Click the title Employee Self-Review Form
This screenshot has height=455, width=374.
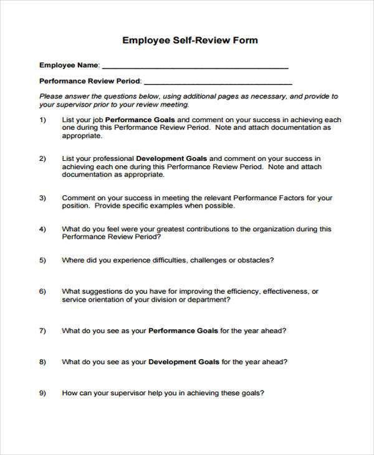tap(189, 40)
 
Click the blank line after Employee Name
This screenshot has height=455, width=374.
tap(194, 67)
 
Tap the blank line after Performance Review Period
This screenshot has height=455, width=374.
tap(218, 82)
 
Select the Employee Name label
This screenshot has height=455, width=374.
tap(69, 65)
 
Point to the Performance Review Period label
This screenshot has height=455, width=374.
tap(90, 81)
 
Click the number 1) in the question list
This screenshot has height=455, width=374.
tap(42, 120)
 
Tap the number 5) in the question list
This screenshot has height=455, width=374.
tap(42, 260)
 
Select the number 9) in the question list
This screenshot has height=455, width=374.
tap(42, 393)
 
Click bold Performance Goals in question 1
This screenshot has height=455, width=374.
tap(140, 120)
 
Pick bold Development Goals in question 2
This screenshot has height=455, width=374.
tap(171, 158)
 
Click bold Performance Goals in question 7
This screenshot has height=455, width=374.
tap(183, 330)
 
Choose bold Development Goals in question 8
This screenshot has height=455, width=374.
tap(184, 362)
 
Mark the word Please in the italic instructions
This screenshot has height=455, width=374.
tap(51, 97)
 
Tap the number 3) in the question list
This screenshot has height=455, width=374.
tap(42, 198)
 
